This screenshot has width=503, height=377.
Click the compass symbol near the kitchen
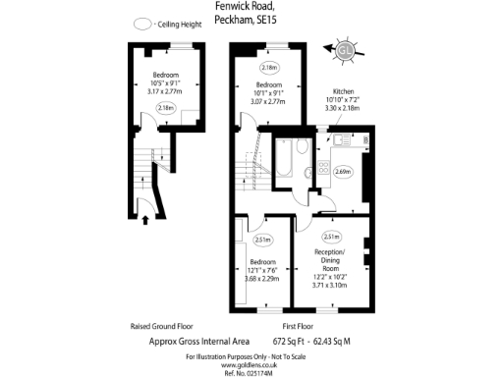pos(344,50)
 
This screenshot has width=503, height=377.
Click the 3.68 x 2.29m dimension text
pos(262,279)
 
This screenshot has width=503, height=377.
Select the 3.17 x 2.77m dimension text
pos(164,90)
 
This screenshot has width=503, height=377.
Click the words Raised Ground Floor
pos(161,325)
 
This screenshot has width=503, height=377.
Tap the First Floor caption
pos(297,325)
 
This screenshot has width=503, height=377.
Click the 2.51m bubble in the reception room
pos(331,238)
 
